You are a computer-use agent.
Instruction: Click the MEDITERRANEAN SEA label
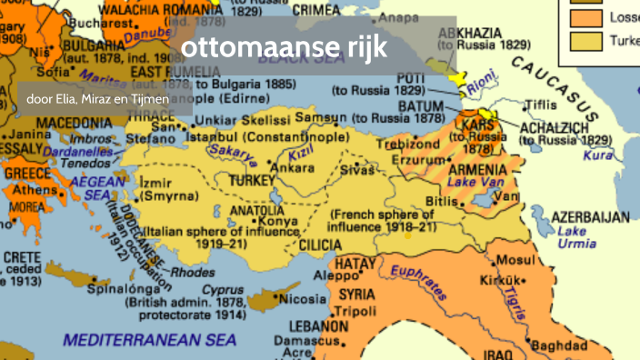click(150, 340)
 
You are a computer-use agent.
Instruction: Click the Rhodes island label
click(193, 271)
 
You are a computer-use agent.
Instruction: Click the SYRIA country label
click(361, 295)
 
